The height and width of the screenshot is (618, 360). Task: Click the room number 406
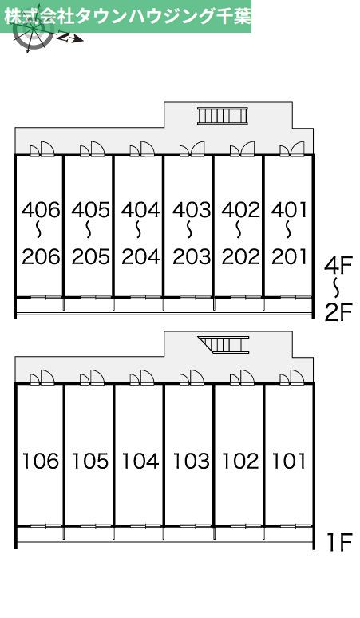coord(41,210)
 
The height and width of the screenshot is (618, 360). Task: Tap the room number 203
coord(192,256)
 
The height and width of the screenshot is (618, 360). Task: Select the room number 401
coord(289,210)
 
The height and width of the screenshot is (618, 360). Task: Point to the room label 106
coord(40,461)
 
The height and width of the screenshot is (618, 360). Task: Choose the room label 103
coord(191,461)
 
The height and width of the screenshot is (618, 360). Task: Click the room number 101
coord(289,461)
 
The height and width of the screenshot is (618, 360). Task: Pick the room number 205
coord(90,256)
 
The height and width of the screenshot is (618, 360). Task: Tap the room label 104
coord(140,461)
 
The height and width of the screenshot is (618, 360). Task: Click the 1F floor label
coord(338,542)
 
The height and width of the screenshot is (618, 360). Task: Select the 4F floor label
coord(338,265)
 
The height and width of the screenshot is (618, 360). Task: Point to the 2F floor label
coord(338,312)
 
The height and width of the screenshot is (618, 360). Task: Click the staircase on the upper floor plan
coord(223,116)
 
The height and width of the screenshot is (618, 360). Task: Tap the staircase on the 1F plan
coord(224,345)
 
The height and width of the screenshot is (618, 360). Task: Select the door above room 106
coord(42,378)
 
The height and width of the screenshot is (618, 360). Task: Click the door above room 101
coord(292,378)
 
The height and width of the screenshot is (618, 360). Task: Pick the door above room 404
coord(142,149)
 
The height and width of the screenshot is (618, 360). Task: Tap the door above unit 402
coord(242,149)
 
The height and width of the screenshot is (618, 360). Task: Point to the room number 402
coord(240,210)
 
